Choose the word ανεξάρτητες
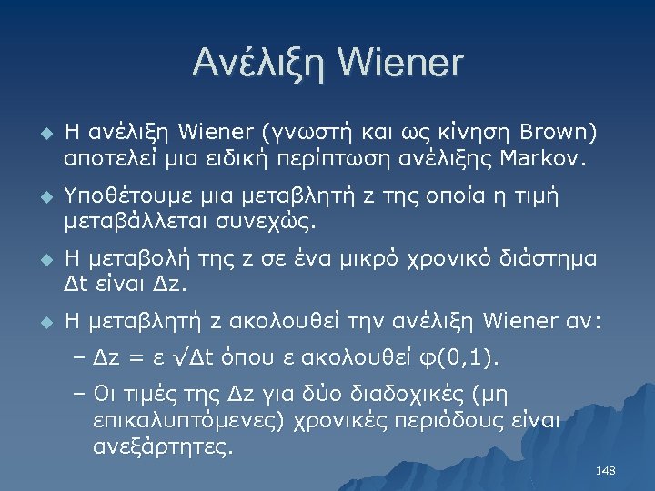pyautogui.click(x=162, y=447)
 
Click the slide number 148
pyautogui.click(x=605, y=471)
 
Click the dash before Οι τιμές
pyautogui.click(x=76, y=395)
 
